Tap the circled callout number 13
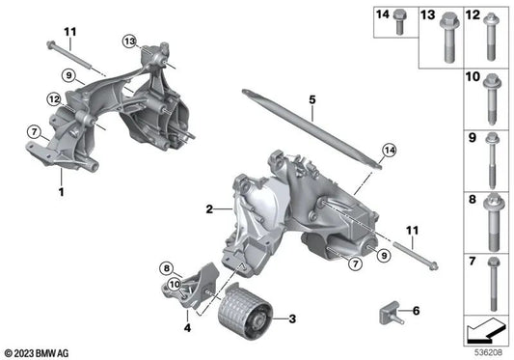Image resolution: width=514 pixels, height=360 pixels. (x=129, y=40)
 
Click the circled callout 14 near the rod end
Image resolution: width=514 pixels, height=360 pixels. (x=388, y=148)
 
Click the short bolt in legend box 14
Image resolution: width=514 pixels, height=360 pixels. (x=397, y=27)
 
